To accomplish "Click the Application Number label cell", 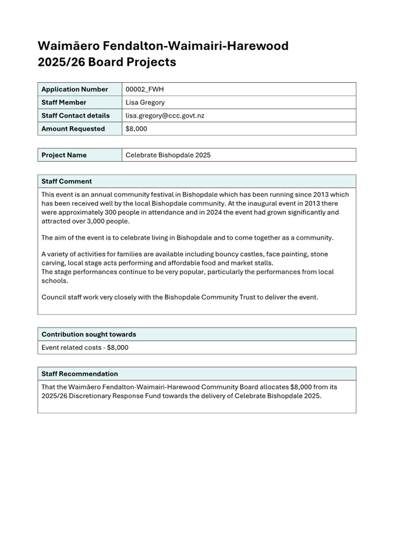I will point(75,89).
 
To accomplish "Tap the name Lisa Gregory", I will point(145,102).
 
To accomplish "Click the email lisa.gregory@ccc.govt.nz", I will point(165,116).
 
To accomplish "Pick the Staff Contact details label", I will point(75,116).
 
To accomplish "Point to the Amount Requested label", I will point(73,129).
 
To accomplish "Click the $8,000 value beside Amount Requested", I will point(136,129).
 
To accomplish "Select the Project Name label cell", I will point(64,155).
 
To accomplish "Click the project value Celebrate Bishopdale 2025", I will point(168,155).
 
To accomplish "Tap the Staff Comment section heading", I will point(66,181).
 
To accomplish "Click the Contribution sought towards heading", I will point(88,334).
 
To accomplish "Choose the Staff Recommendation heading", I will point(79,374).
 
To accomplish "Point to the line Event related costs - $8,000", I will point(85,348).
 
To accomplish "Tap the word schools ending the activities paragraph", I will point(54,281).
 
